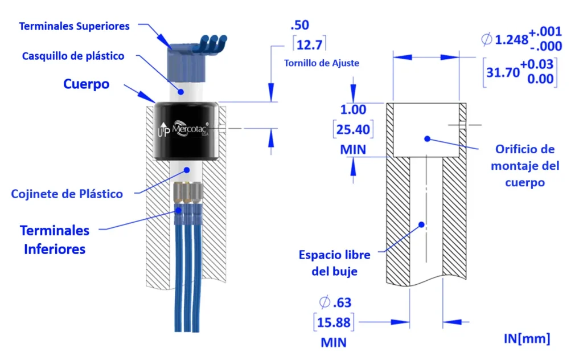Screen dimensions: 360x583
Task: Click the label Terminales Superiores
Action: tap(74, 26)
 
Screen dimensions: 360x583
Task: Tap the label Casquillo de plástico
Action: tap(73, 56)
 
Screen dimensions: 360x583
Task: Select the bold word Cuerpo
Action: tap(86, 84)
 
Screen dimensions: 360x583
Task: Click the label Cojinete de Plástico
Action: tap(67, 194)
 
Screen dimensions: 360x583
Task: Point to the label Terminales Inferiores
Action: tap(55, 239)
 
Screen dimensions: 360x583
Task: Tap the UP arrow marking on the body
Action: tap(163, 129)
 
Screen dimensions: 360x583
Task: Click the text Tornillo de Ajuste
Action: tap(322, 63)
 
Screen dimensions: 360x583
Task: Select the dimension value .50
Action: tap(300, 26)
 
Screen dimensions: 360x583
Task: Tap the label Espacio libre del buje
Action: tap(335, 263)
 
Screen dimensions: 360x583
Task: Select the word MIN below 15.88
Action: tap(334, 343)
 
